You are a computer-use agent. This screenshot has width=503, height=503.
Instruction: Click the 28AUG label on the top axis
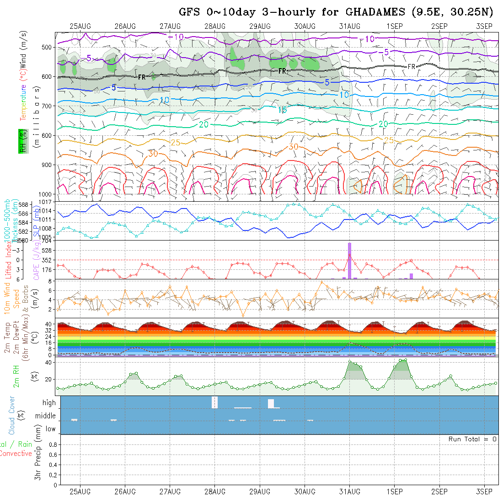tap(215, 26)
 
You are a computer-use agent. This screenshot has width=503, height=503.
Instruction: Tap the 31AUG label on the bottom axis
tap(350, 492)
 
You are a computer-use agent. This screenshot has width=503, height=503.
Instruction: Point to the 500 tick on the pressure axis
tap(48, 47)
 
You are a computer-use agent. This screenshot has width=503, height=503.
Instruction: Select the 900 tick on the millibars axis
tap(48, 165)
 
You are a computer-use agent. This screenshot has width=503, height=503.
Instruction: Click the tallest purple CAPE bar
tap(350, 261)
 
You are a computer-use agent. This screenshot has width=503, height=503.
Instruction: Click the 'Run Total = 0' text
tap(472, 439)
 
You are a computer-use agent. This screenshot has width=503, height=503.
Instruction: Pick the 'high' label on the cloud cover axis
tap(49, 403)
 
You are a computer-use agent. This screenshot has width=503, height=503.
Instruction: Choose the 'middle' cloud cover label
tap(45, 416)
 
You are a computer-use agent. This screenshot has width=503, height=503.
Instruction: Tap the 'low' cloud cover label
tap(50, 429)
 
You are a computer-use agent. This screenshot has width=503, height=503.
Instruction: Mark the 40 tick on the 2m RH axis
tap(53, 363)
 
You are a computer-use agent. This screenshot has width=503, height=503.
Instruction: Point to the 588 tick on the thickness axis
tap(24, 204)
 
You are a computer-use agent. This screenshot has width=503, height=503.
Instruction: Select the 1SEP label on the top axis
tap(395, 26)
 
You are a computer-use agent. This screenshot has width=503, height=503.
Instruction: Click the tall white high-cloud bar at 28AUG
tap(215, 402)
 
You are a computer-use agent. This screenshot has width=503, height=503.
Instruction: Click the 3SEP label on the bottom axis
tap(484, 492)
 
